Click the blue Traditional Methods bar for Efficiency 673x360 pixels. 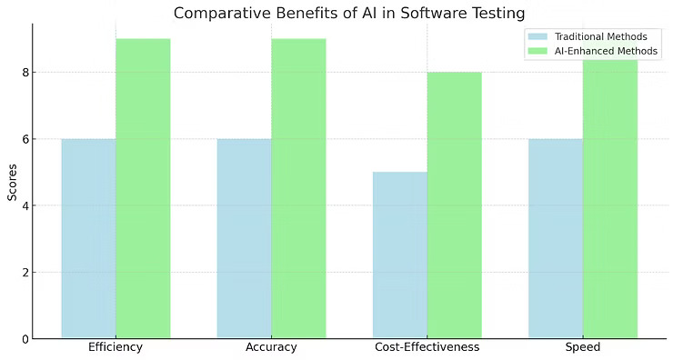tap(88, 238)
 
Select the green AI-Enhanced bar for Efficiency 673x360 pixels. tap(143, 188)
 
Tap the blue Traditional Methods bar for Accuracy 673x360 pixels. tap(244, 238)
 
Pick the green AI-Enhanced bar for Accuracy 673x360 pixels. tap(298, 188)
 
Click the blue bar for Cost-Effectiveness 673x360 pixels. tap(400, 255)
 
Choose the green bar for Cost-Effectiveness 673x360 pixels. tap(454, 205)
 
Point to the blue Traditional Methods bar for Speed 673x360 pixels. tap(556, 238)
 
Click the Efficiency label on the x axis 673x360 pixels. tap(116, 347)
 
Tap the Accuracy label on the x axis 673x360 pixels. tap(271, 347)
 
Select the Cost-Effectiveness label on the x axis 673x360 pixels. tap(427, 347)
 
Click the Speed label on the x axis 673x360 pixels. tap(582, 347)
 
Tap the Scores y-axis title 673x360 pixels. tap(11, 181)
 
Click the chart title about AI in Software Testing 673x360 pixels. tap(349, 13)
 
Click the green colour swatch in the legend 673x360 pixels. tap(537, 51)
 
